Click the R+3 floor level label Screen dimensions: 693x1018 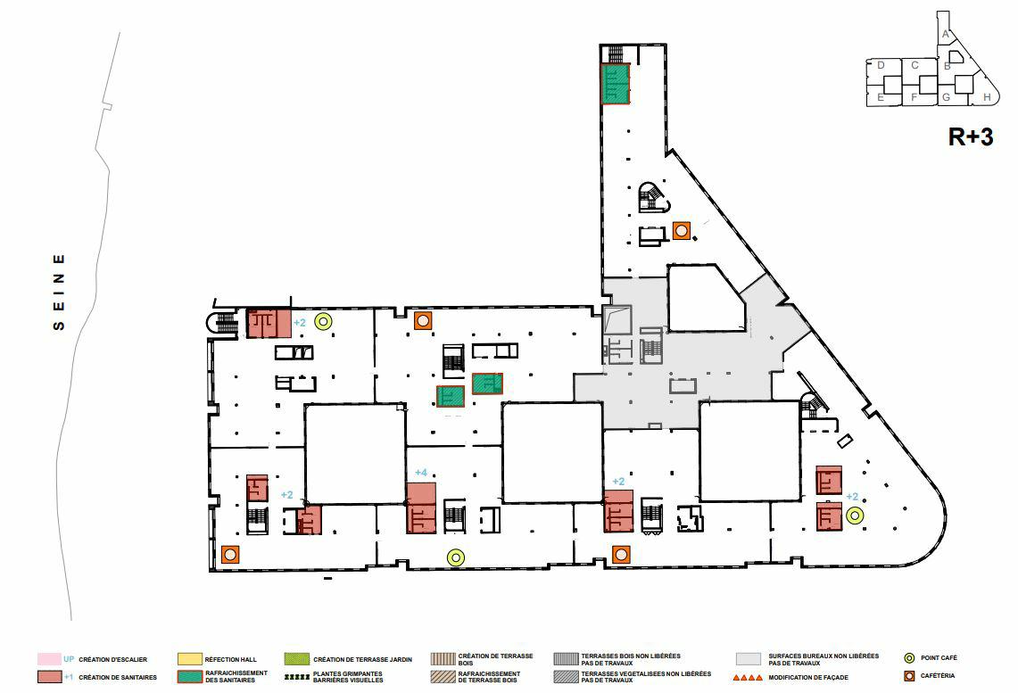click(970, 137)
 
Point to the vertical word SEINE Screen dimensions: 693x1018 click(59, 292)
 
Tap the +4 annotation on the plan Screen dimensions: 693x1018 click(422, 473)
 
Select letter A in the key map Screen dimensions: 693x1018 click(945, 34)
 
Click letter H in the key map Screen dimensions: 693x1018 click(986, 97)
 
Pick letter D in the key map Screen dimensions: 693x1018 click(881, 65)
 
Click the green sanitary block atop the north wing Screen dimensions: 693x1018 click(616, 84)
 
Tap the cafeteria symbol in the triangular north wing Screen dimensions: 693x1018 click(683, 231)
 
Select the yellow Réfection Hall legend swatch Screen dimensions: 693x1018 click(190, 659)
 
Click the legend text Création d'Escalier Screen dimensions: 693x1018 click(112, 659)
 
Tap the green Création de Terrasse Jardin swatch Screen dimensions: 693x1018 click(296, 659)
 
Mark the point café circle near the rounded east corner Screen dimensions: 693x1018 click(855, 515)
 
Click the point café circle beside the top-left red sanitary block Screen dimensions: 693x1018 click(324, 322)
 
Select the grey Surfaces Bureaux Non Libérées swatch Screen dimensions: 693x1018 click(749, 659)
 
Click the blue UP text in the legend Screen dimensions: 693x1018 click(69, 659)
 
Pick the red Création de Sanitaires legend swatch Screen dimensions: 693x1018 click(49, 677)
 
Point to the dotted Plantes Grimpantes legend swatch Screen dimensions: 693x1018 click(296, 678)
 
